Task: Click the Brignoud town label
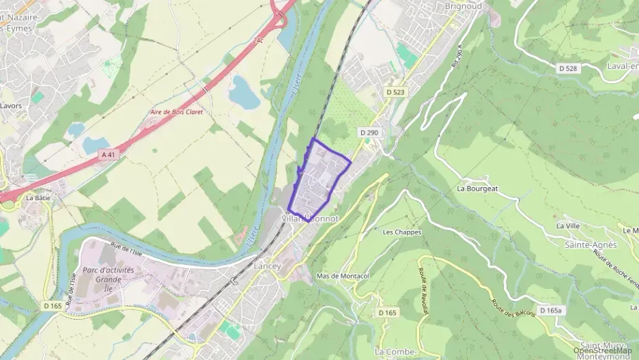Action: coord(464,5)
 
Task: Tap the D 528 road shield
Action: coord(568,68)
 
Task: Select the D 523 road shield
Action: coord(395,92)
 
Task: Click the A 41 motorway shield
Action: coord(109,155)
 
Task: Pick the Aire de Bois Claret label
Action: coord(177,111)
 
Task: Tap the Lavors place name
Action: coord(11,106)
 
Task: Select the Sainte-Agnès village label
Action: coord(591,244)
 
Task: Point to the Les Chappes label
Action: coord(402,232)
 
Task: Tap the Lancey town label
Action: coord(268,266)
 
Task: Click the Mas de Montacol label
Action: coord(343,276)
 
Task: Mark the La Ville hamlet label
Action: coord(568,225)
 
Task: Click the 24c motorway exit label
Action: coord(258,41)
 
